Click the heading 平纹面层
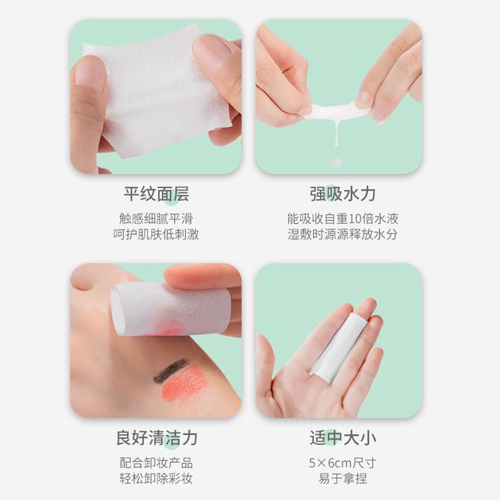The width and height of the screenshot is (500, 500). [x=156, y=194]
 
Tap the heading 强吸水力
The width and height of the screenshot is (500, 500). [x=343, y=194]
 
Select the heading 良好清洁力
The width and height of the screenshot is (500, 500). [x=156, y=438]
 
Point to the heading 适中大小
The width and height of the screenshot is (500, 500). [x=343, y=438]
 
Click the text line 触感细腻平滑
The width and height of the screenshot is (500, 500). [x=156, y=219]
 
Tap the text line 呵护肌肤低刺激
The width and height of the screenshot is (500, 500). [x=156, y=234]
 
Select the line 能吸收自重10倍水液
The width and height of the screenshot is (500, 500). [x=343, y=219]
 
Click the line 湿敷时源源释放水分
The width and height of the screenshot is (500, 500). [x=343, y=234]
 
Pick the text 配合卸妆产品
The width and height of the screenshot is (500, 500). [x=156, y=463]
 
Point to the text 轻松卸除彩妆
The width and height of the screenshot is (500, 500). [x=156, y=478]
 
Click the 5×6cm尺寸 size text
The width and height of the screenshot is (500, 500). [x=343, y=463]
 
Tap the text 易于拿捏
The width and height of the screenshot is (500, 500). [x=343, y=478]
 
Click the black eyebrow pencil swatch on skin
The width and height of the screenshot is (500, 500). [x=169, y=371]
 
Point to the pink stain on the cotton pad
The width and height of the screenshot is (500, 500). [x=167, y=328]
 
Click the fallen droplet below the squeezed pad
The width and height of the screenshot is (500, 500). [x=337, y=162]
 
